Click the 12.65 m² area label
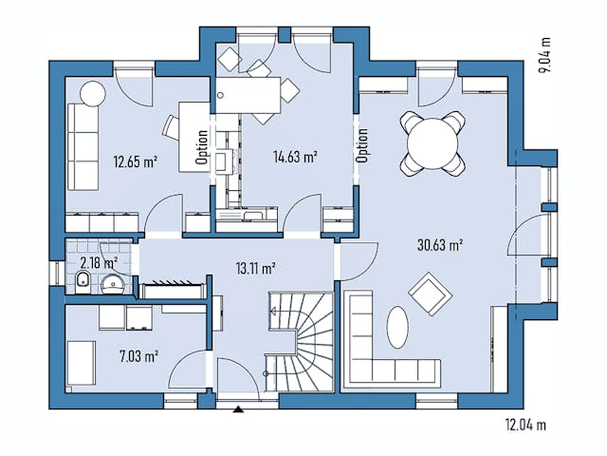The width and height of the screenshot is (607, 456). point(135,161)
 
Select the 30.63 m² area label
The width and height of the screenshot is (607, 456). point(439,245)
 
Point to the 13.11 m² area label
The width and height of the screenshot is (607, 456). point(255,268)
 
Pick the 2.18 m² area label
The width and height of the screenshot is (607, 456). point(99,262)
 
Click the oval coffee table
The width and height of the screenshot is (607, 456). point(396,328)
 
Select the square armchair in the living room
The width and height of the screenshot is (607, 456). point(431,294)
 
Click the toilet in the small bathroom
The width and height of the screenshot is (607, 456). point(83,281)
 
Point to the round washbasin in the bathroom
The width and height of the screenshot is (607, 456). point(114,282)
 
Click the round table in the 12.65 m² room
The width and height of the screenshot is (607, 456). point(92,94)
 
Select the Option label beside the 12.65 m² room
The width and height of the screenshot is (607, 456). point(202,147)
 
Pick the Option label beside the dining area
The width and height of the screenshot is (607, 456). point(361,145)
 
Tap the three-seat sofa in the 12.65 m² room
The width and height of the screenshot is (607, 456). point(80,146)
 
